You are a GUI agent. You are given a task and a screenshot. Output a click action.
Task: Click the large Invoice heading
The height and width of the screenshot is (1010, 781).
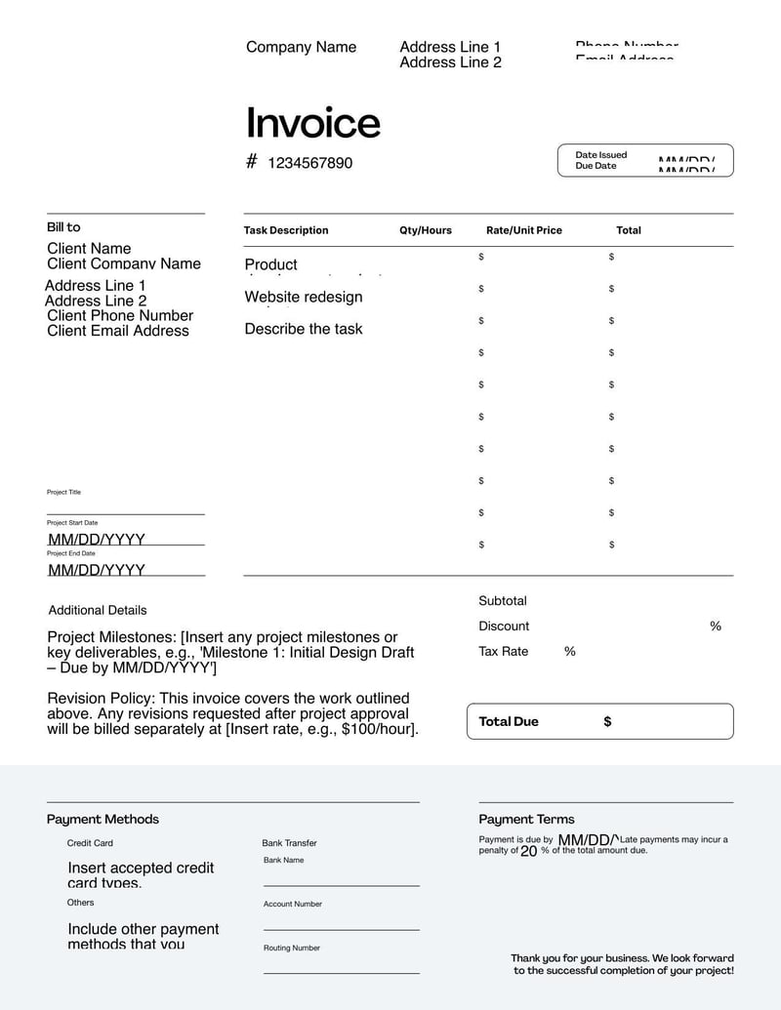click(312, 123)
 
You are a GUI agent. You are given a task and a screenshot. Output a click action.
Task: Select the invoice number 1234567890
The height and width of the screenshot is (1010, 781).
click(309, 163)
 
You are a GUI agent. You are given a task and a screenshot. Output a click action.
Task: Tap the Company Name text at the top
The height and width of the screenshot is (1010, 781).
click(301, 47)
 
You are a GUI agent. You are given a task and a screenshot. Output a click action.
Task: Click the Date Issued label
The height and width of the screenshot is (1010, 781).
click(600, 155)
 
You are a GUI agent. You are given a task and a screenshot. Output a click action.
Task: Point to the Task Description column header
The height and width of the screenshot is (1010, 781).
click(286, 230)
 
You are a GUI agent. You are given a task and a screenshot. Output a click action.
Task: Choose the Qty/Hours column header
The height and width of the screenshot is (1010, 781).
click(426, 230)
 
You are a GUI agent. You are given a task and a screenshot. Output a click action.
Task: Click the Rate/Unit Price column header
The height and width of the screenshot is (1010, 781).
click(524, 230)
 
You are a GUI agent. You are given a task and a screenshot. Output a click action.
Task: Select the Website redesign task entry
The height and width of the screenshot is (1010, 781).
click(303, 297)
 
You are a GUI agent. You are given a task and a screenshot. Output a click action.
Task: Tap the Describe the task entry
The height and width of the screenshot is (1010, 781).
click(303, 329)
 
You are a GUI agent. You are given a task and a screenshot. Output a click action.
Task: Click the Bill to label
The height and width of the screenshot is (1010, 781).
click(63, 227)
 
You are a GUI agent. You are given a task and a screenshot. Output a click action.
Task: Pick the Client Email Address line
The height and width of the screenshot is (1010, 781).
click(118, 331)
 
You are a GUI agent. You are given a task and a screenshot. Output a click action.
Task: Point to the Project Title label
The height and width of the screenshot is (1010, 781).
click(63, 492)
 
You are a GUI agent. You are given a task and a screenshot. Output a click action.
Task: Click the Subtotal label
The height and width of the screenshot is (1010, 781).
click(502, 601)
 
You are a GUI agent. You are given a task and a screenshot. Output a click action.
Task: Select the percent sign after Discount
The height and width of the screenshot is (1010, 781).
click(716, 626)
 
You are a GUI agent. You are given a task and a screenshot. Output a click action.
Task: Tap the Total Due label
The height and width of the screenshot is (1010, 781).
click(509, 722)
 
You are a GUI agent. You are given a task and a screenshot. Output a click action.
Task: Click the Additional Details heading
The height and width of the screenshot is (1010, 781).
click(98, 610)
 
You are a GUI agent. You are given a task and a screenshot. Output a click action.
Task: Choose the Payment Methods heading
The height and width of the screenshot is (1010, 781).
click(103, 820)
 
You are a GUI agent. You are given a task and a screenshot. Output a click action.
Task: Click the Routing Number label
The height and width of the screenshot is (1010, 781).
click(291, 948)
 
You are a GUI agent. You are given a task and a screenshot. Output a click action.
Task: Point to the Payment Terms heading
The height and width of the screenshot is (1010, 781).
click(526, 820)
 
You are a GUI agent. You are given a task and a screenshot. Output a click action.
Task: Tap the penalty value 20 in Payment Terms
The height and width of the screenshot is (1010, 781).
click(528, 851)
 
